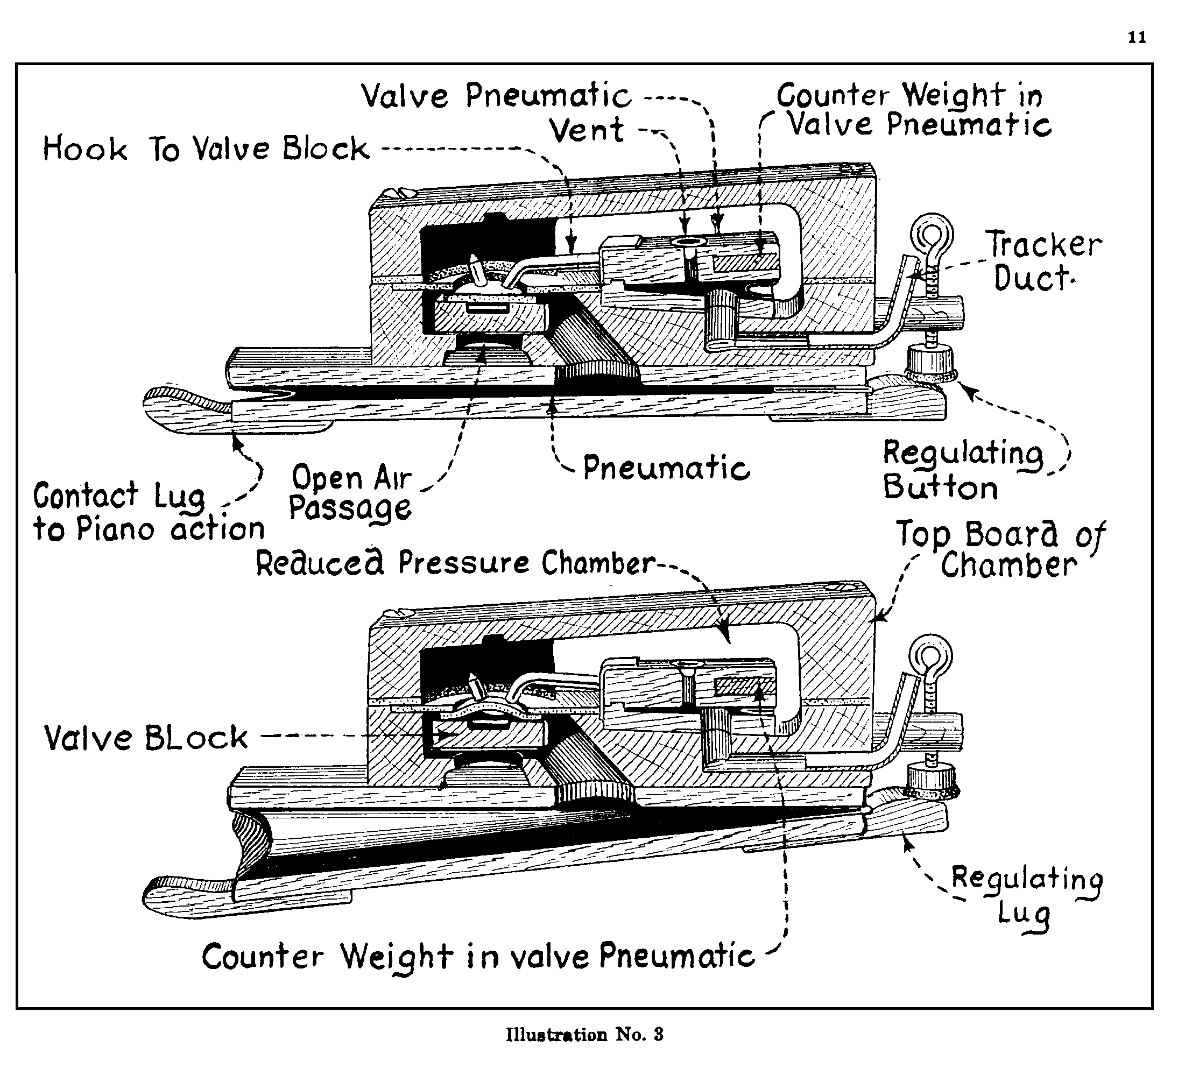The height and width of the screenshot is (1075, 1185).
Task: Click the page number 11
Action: coord(1137,38)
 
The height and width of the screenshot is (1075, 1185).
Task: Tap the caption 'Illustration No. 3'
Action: coord(584,1034)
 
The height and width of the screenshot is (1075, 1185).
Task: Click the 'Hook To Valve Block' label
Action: coord(206,148)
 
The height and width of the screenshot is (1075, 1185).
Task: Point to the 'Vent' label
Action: coord(587,130)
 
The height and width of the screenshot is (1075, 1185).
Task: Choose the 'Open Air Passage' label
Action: coord(351,492)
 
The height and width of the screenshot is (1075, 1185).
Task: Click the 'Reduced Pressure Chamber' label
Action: coord(455,563)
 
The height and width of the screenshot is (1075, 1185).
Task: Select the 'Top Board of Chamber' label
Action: coord(999,550)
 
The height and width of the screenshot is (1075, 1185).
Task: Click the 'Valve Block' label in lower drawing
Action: coord(146,738)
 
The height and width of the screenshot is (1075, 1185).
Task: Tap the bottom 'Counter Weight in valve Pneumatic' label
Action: coord(477,956)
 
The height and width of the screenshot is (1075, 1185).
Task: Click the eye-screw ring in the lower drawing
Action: coord(930,657)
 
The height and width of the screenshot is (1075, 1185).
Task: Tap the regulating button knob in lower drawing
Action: coord(932,781)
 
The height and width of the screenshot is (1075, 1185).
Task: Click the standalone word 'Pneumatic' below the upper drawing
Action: coord(666,469)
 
